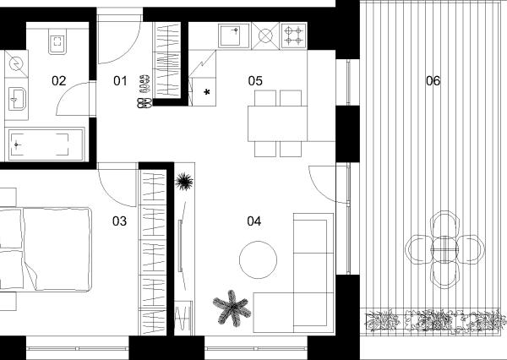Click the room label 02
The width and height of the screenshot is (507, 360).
(x=59, y=81)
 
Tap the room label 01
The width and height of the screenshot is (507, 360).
(x=120, y=81)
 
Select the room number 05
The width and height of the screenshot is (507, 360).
(x=255, y=81)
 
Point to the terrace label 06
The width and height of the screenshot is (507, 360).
(x=433, y=81)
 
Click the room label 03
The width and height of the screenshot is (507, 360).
(x=119, y=221)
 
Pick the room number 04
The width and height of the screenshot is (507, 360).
(x=254, y=221)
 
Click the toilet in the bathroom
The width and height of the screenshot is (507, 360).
(x=57, y=41)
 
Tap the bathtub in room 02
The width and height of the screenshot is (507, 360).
(x=46, y=145)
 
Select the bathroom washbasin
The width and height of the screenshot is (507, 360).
(x=17, y=98)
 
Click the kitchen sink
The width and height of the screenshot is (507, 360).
(x=234, y=35)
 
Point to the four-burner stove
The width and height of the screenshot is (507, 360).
(x=294, y=35)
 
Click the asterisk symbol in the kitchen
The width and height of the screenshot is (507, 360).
(x=207, y=92)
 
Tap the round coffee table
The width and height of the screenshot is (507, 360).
(x=258, y=259)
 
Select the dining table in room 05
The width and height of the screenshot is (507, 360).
(x=277, y=123)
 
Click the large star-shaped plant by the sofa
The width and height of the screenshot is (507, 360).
(x=232, y=308)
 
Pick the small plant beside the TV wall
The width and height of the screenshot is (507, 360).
(x=184, y=182)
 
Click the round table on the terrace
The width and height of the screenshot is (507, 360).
(x=445, y=249)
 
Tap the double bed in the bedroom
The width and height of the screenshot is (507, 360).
(x=46, y=249)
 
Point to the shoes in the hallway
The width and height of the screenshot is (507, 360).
(x=144, y=91)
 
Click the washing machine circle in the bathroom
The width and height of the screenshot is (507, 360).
(x=15, y=64)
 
